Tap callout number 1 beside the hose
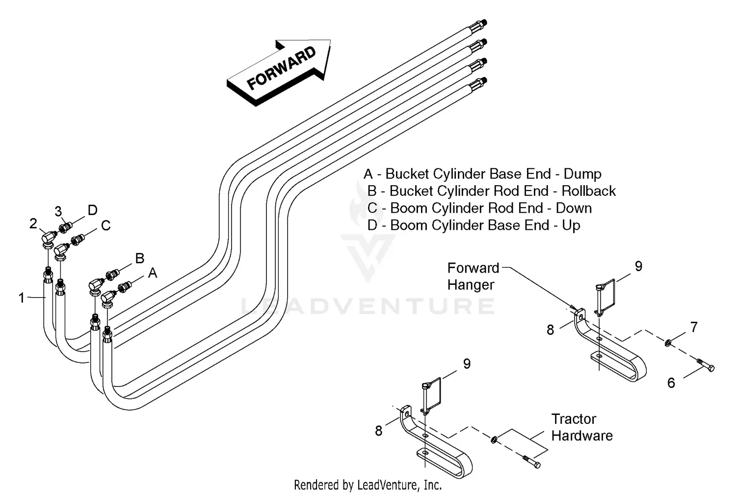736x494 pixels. (x=21, y=298)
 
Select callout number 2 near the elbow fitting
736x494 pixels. (x=33, y=223)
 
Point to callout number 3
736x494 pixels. (x=58, y=212)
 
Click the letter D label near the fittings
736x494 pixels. (x=92, y=210)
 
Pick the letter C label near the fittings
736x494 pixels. (x=105, y=225)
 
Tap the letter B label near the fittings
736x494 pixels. (x=139, y=258)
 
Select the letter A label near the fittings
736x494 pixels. (x=153, y=273)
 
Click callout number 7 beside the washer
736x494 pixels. (x=693, y=327)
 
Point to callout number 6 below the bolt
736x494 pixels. (x=671, y=383)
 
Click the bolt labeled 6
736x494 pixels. (x=706, y=365)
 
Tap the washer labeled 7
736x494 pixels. (x=668, y=342)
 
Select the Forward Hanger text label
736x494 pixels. (x=473, y=276)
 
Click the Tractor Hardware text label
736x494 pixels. (x=581, y=427)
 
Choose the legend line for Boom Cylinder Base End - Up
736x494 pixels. (x=474, y=225)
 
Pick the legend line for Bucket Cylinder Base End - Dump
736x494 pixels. (x=482, y=174)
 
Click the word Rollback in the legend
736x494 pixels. (x=588, y=191)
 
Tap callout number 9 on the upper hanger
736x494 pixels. (x=638, y=266)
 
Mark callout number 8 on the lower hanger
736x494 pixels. (x=379, y=431)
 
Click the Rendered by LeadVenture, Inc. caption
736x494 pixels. (x=368, y=485)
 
